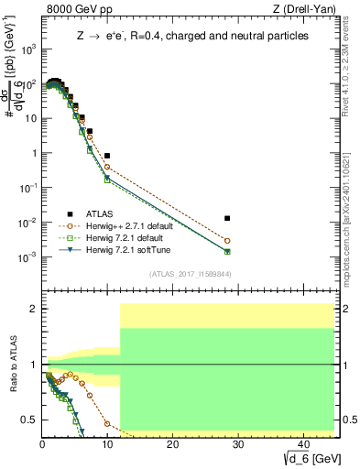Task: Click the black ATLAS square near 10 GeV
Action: click(107, 156)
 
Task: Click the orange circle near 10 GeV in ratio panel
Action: click(107, 424)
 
